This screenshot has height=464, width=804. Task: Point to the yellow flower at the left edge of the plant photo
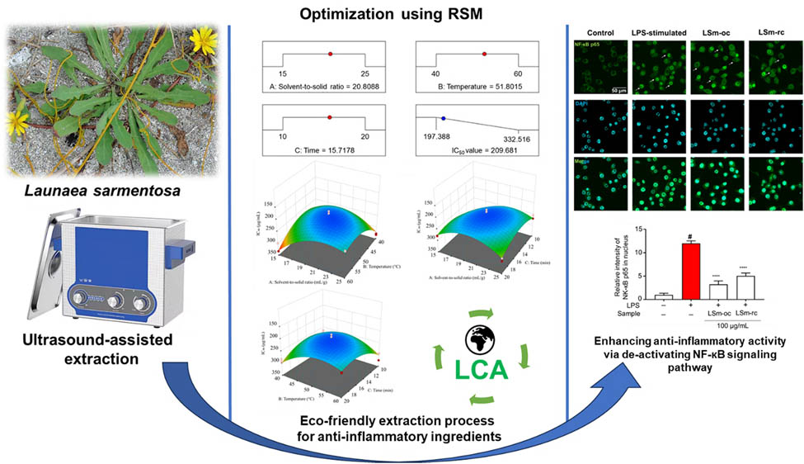14,123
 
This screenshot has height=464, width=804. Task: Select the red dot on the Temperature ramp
484,54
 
